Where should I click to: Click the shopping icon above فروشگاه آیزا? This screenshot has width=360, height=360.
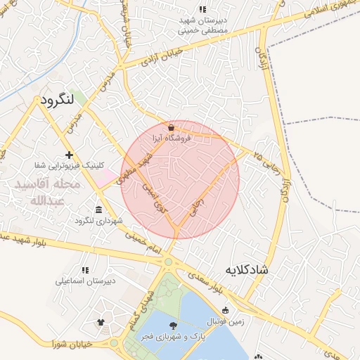click(x=172, y=127)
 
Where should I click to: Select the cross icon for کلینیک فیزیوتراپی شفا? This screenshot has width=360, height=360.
click(x=68, y=155)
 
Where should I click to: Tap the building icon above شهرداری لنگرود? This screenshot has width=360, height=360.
click(x=98, y=210)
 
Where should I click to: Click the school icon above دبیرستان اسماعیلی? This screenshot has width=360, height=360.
click(x=85, y=270)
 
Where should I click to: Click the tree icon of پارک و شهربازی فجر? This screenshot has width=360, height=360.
click(x=173, y=325)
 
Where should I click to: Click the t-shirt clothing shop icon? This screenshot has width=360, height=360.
click(x=101, y=323)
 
